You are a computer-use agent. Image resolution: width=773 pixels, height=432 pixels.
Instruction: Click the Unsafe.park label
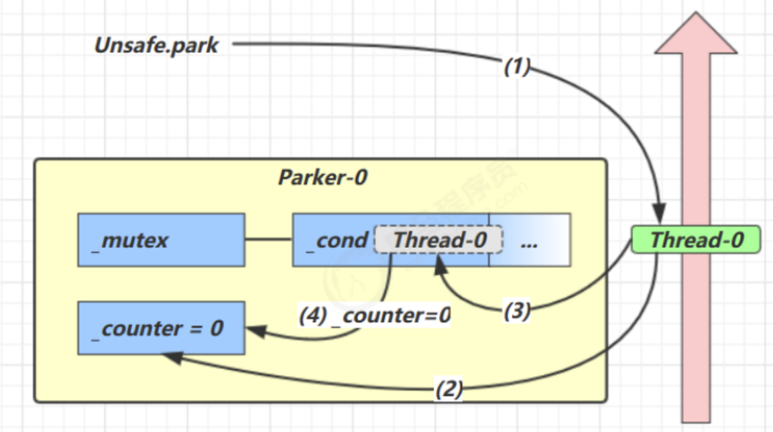point(157,46)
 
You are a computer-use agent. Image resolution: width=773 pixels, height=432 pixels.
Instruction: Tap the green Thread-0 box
point(696,240)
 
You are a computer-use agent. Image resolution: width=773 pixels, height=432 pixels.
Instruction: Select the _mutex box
point(161,240)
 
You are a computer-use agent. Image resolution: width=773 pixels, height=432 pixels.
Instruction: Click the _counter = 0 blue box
point(161,328)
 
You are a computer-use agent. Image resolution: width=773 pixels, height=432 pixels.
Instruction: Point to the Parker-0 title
point(322,178)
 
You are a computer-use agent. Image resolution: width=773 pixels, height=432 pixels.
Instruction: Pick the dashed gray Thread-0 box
point(438,240)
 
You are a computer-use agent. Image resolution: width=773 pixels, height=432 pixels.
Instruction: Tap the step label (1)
point(517,67)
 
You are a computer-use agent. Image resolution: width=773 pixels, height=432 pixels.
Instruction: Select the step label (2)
point(449,388)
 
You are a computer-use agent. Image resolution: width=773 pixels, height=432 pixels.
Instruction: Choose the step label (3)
point(517,311)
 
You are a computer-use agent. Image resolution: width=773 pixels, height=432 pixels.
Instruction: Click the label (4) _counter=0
point(375,315)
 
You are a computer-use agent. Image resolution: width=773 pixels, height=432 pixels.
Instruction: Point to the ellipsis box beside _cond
point(530,240)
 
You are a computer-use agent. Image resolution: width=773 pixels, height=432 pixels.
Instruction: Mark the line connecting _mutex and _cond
point(268,239)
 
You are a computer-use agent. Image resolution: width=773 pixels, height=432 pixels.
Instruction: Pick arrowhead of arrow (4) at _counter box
point(255,330)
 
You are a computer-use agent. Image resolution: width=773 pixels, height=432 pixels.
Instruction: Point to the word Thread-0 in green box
point(697,240)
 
